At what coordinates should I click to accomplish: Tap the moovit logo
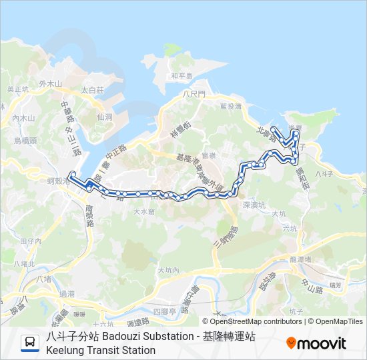click(316, 343)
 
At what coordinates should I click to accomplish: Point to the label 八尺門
click(194, 95)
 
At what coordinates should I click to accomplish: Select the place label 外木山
click(50, 84)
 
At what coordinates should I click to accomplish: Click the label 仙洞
click(105, 116)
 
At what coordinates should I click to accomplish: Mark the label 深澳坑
click(254, 205)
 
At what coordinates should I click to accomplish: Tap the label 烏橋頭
click(25, 141)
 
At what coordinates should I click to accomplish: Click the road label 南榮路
click(89, 215)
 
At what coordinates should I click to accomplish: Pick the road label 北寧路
click(266, 132)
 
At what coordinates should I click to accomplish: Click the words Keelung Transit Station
click(101, 350)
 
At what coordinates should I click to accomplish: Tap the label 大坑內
click(169, 271)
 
